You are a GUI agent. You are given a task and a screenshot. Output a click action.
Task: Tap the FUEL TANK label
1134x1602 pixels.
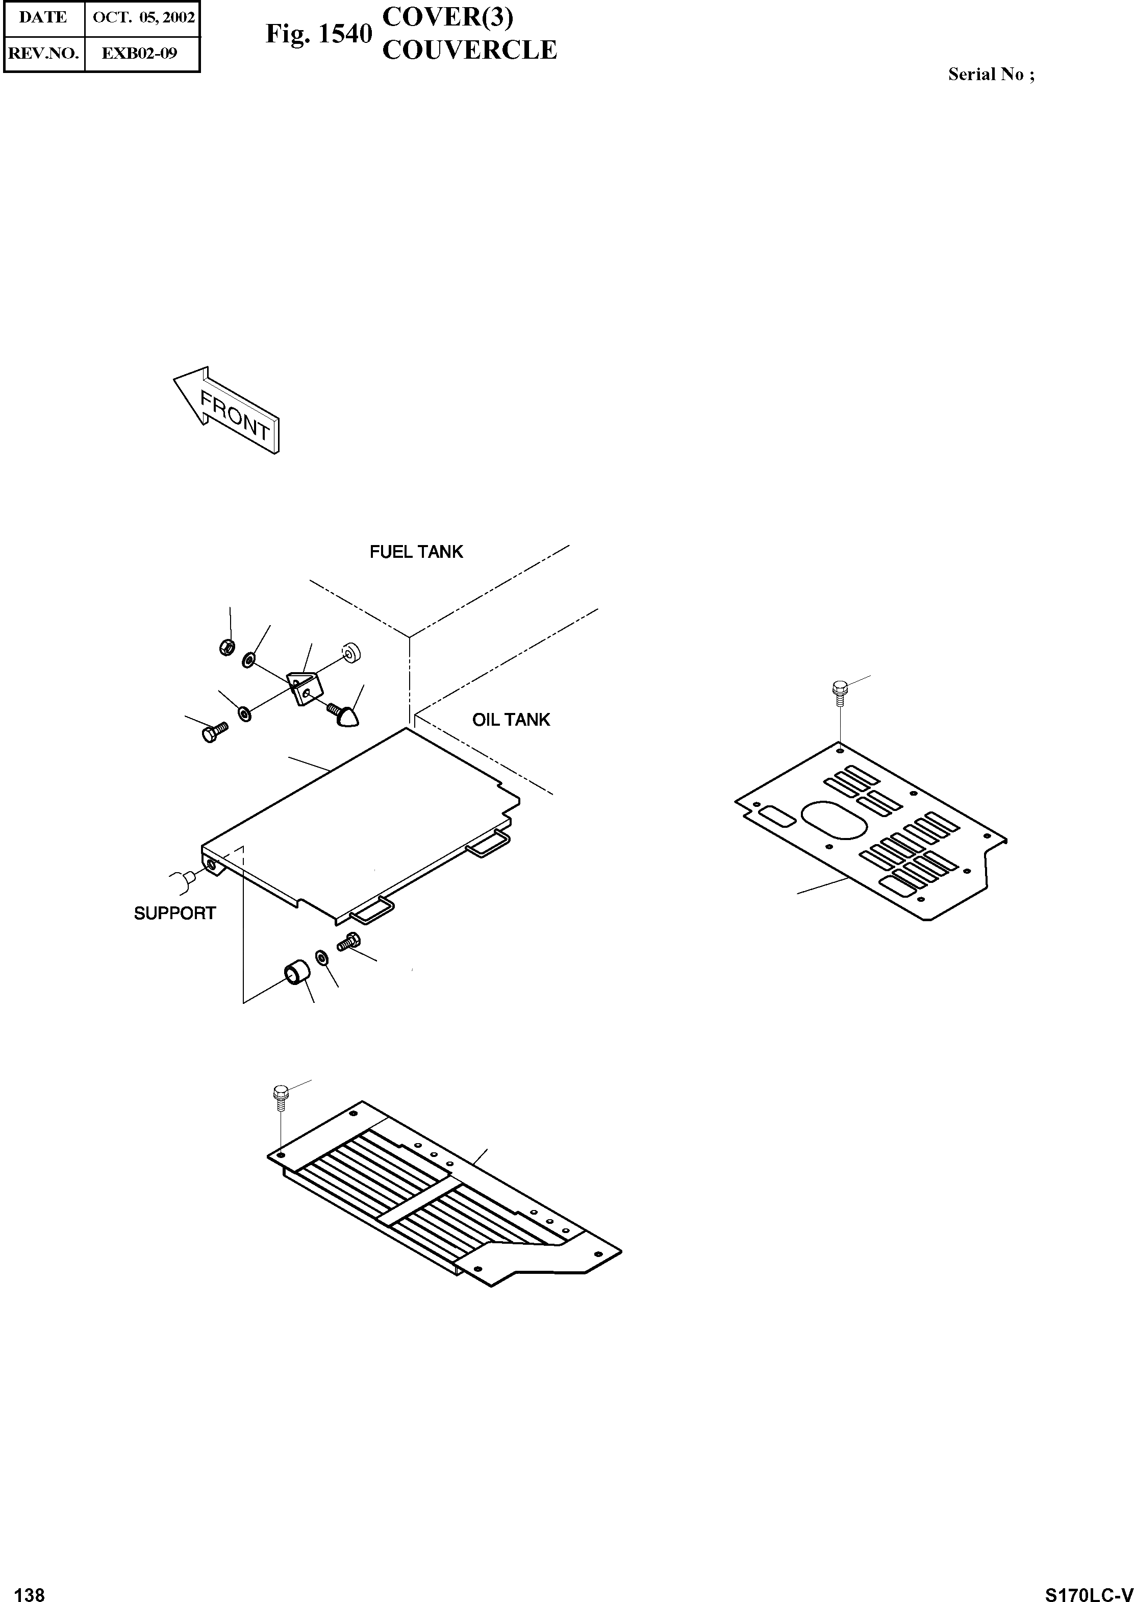pyautogui.click(x=416, y=552)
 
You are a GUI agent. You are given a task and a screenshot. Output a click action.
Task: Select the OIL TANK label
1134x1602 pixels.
pyautogui.click(x=511, y=720)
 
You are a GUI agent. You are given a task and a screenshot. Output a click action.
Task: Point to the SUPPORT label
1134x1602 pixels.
pyautogui.click(x=174, y=913)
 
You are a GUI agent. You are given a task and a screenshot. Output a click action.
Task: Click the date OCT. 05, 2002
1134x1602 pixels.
pyautogui.click(x=143, y=17)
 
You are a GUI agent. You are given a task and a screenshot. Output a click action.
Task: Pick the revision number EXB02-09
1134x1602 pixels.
pyautogui.click(x=140, y=53)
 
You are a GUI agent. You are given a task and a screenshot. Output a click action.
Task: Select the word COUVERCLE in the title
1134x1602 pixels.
pyautogui.click(x=469, y=51)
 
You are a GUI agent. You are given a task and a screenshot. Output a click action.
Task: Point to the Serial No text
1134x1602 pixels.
pyautogui.click(x=991, y=75)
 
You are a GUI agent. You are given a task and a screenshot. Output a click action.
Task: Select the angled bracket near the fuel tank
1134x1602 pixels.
pyautogui.click(x=304, y=687)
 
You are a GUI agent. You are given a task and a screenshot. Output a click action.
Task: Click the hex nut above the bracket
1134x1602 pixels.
pyautogui.click(x=226, y=648)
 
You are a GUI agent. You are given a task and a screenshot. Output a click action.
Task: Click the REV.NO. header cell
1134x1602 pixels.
pyautogui.click(x=43, y=53)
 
